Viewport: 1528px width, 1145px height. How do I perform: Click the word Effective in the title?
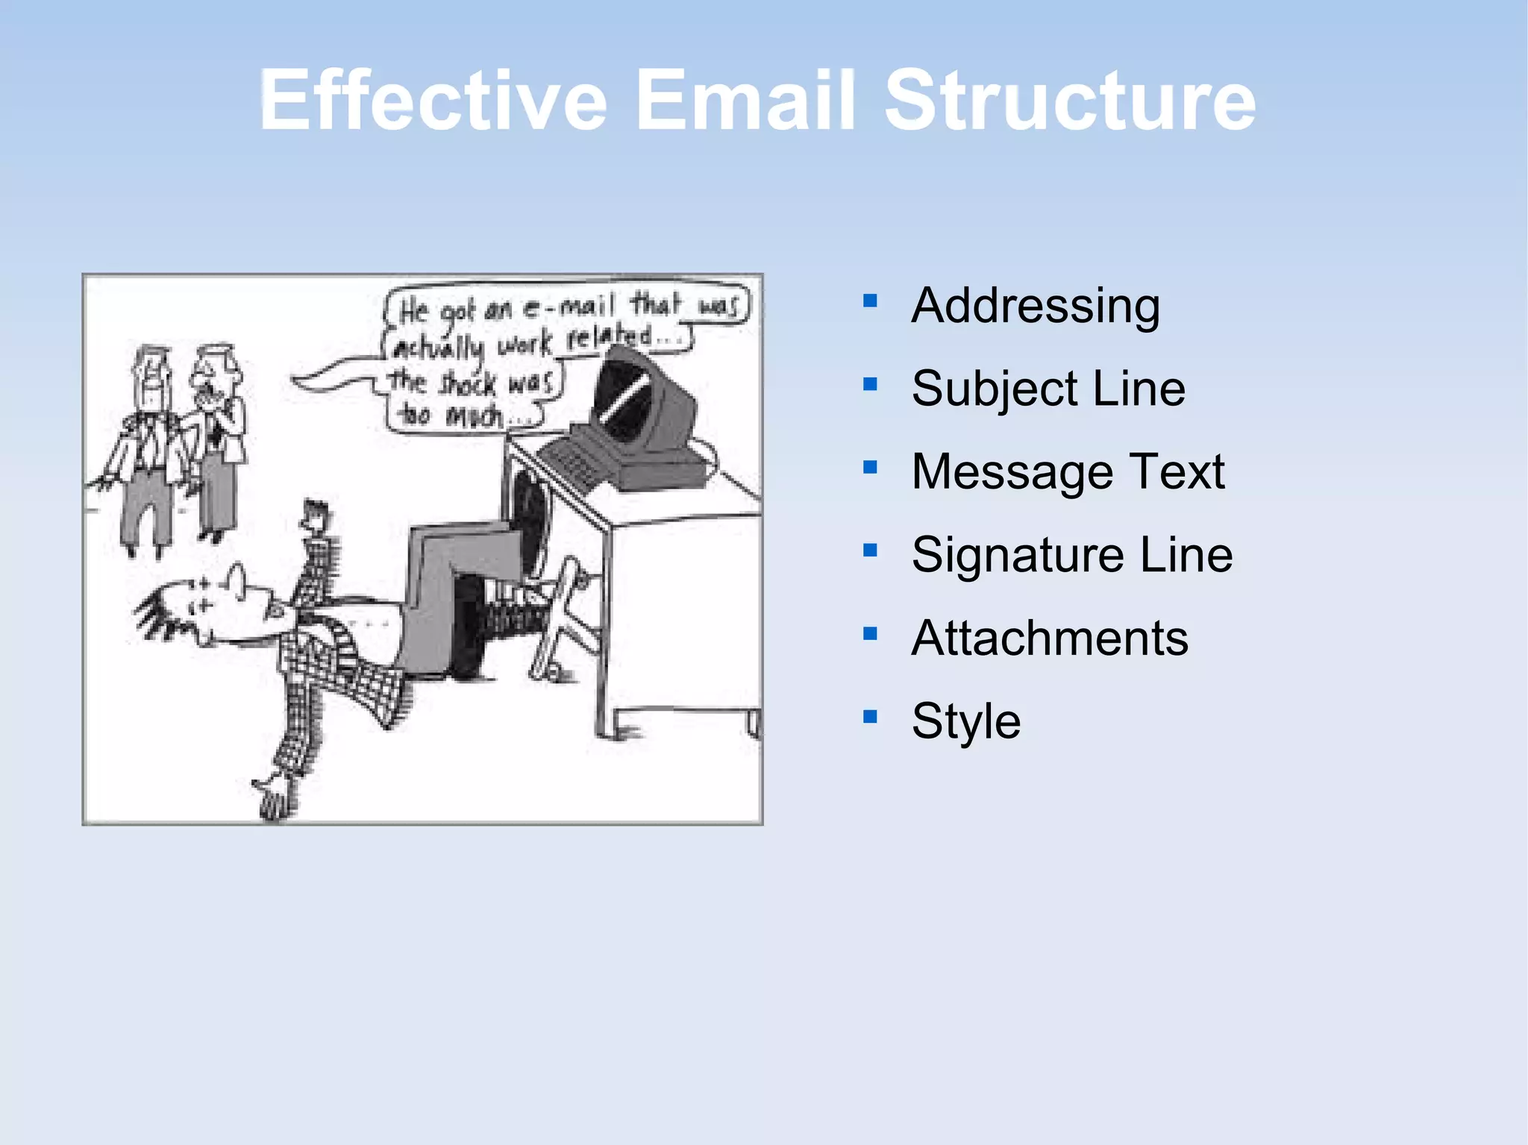click(433, 101)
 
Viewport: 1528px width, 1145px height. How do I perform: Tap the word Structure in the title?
click(1071, 101)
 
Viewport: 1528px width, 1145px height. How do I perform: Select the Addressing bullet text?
click(1036, 306)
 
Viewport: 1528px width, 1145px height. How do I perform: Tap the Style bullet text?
click(966, 721)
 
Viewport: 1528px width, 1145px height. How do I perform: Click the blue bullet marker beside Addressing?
click(870, 301)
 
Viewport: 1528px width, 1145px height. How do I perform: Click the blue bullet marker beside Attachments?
click(870, 633)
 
